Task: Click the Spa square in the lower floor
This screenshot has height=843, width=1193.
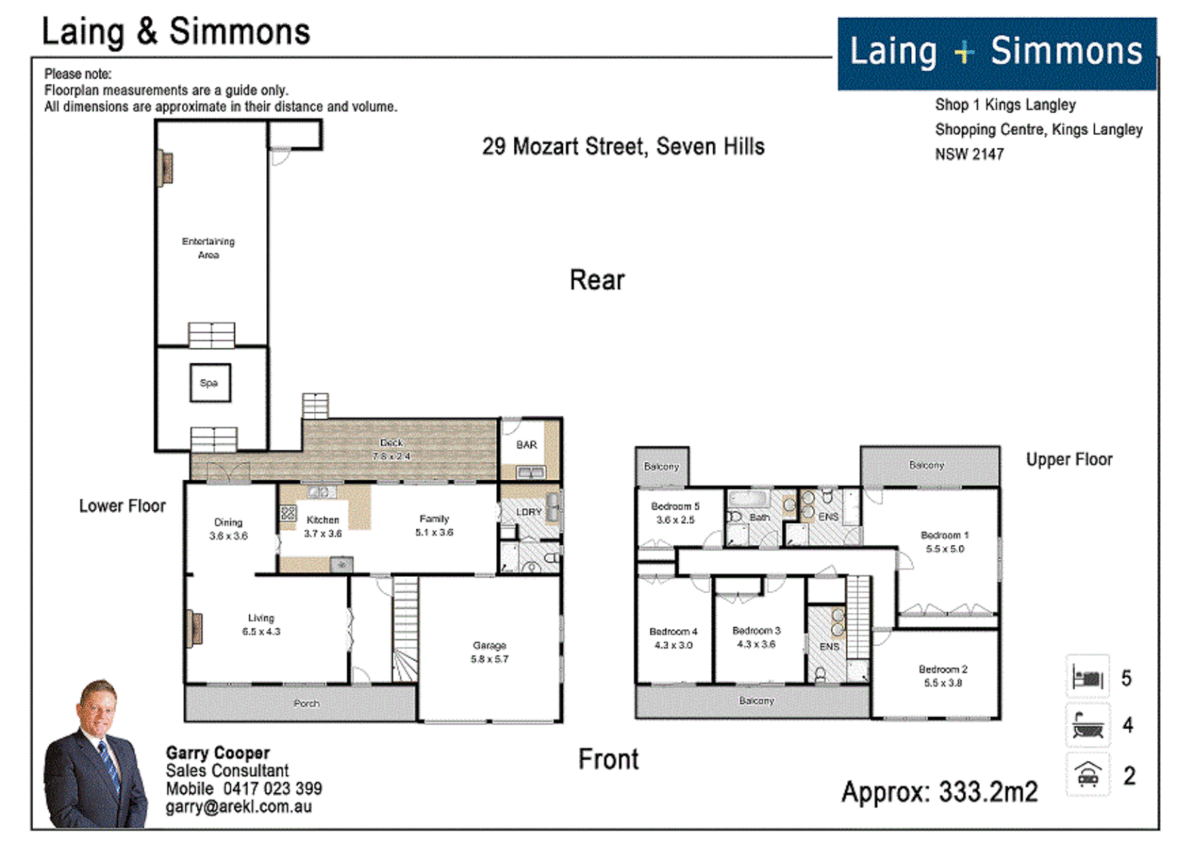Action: (x=209, y=383)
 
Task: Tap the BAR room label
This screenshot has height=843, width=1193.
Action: (x=526, y=445)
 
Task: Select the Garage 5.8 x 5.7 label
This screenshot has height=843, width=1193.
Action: (x=490, y=653)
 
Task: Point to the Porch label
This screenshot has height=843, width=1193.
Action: (x=306, y=703)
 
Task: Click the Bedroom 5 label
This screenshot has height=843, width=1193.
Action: (x=675, y=507)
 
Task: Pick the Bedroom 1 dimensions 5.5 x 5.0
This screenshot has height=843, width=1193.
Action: (x=945, y=549)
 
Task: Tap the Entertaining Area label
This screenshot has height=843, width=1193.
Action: (x=208, y=248)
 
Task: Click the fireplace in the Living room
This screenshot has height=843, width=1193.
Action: (x=193, y=630)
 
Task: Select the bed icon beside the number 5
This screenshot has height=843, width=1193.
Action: (x=1088, y=677)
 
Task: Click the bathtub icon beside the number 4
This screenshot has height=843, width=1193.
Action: (x=1088, y=725)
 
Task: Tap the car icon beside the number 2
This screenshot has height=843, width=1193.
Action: (x=1088, y=775)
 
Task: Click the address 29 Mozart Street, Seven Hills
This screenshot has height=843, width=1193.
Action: (x=623, y=147)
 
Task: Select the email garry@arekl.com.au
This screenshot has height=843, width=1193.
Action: (x=238, y=807)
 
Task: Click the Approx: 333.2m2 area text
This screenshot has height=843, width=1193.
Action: (x=939, y=792)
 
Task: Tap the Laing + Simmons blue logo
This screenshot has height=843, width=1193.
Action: (x=996, y=53)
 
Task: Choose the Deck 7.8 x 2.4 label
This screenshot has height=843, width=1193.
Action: (x=391, y=450)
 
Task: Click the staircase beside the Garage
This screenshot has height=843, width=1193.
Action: (x=405, y=629)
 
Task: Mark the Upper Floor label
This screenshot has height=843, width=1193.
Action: (x=1069, y=460)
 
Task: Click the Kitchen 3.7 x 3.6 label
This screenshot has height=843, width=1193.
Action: (x=322, y=527)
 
